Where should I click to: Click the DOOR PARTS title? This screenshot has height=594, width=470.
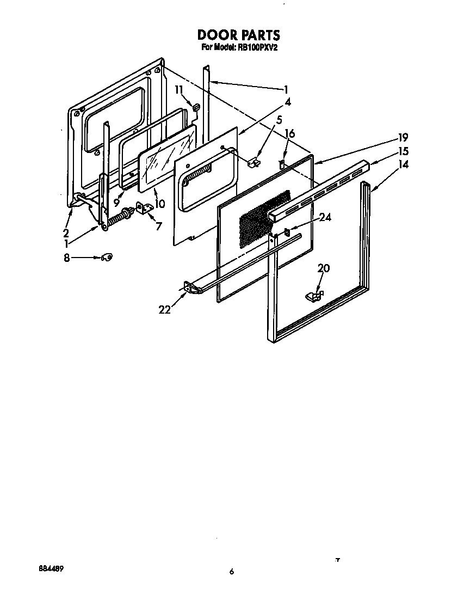point(239,35)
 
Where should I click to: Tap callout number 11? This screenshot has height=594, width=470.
point(178,90)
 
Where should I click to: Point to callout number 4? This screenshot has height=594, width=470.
point(288,102)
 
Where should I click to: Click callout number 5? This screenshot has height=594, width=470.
point(279,120)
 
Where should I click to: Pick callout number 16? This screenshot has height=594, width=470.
point(289,133)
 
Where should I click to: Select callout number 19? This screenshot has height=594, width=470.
point(403,137)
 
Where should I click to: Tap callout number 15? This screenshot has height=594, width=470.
point(404,151)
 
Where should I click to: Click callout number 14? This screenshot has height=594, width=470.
point(404,164)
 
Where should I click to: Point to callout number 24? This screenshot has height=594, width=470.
point(325,217)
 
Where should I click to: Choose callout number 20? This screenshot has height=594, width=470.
point(324,268)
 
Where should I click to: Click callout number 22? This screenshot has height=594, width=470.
point(165,310)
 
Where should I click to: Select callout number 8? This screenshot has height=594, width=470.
point(66,258)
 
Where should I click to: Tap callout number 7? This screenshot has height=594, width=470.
point(159,226)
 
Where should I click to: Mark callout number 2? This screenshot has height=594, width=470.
point(66,232)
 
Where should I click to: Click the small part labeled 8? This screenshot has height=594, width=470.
point(107,258)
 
